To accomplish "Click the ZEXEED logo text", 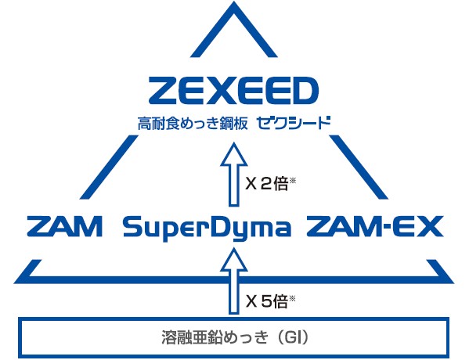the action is tap(233, 89).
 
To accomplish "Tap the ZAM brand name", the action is tap(65, 227).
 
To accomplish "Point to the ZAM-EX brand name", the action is tap(375, 227).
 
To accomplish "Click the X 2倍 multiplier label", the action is tap(267, 183).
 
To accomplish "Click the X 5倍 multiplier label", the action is tap(267, 301).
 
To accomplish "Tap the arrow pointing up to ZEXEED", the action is tap(234, 175).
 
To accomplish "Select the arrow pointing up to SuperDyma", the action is tap(234, 282).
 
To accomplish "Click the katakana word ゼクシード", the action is tap(294, 123).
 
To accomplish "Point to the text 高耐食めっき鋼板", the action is tap(193, 124).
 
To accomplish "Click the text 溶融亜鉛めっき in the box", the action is tap(215, 337).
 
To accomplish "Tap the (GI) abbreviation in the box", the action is tap(293, 337).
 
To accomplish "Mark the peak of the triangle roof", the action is tap(234, 3).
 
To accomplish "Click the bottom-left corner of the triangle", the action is tap(15, 283).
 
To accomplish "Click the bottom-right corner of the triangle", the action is tap(453, 283).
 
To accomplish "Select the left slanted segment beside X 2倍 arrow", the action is tap(109, 167).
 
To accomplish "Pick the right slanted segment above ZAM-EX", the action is tap(359, 167).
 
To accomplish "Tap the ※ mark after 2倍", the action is tap(293, 180).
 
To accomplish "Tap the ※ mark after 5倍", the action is tap(293, 298).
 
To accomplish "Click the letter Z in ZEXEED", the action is tap(161, 89).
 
